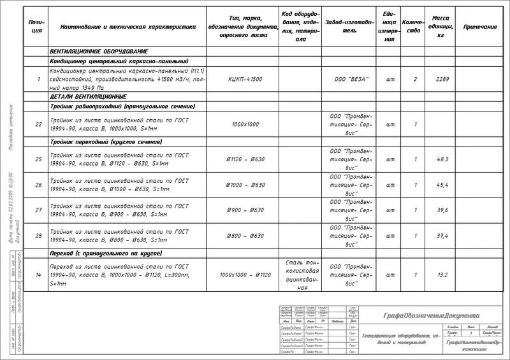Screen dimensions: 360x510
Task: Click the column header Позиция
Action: [37, 26]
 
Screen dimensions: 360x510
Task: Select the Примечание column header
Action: [480, 27]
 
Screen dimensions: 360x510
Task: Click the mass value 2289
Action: [442, 79]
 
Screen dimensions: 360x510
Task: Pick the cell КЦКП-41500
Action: [245, 79]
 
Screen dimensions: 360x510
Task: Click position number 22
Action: [39, 124]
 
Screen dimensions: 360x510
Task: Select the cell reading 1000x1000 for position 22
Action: [245, 124]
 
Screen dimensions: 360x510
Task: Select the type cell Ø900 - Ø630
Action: [245, 210]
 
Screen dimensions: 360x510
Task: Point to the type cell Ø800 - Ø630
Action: [245, 236]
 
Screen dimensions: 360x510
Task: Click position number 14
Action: [39, 275]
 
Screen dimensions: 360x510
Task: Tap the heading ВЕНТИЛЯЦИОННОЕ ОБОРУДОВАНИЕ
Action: [99, 50]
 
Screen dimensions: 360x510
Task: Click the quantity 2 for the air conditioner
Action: [415, 79]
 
